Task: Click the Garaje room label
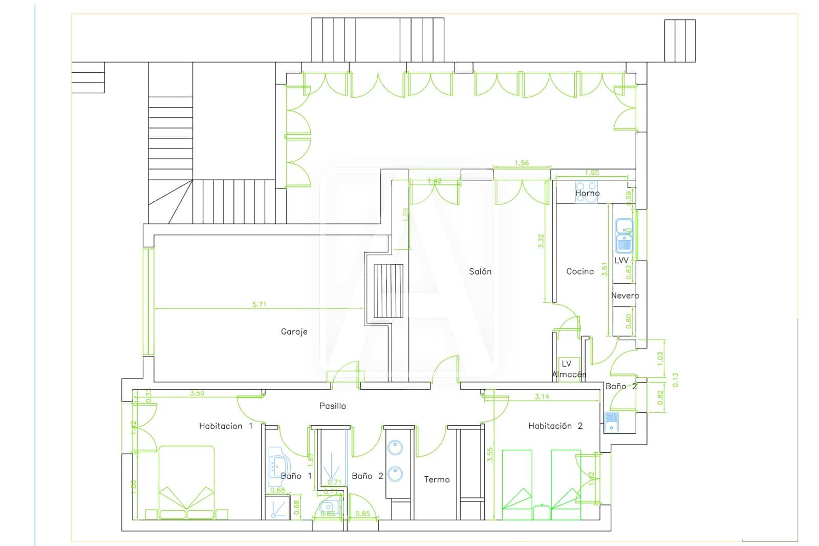coord(294,332)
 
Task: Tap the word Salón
coord(480,271)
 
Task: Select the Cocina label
coord(579,271)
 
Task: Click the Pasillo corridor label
coord(332,406)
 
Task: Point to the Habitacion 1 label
coord(225,426)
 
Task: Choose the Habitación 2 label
coord(555,426)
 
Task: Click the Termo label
coord(437,479)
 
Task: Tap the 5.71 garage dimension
coord(259,304)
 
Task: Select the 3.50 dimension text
coord(197,393)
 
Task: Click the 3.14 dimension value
coord(542,396)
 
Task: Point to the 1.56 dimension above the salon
coord(521,163)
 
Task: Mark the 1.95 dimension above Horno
coord(591,173)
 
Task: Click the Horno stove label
coord(587,193)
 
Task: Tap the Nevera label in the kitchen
coord(624,296)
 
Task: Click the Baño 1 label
coord(296,476)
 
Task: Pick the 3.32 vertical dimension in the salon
coord(542,241)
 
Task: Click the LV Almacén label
coord(568,369)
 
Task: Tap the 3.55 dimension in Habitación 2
coord(490,455)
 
